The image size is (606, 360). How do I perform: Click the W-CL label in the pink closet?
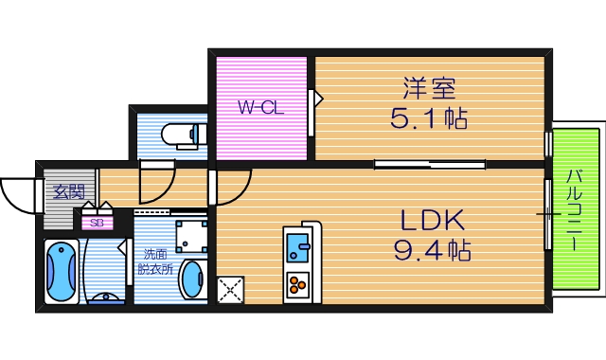261,108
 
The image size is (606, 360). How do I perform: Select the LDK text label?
431,221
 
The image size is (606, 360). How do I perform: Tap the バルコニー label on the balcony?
576,207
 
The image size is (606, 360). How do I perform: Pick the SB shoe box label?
97,224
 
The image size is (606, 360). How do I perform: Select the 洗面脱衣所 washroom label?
156,261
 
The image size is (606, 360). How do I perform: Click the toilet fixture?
183,135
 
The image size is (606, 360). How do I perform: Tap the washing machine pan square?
192,234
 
